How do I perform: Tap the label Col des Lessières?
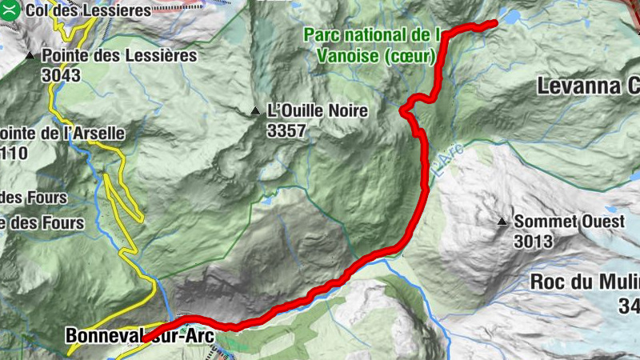(x=88, y=11)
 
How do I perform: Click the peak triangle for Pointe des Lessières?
(x=30, y=56)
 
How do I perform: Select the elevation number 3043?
(x=61, y=75)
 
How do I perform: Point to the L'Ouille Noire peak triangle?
(x=255, y=110)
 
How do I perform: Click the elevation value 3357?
(x=286, y=130)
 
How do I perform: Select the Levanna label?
(x=587, y=85)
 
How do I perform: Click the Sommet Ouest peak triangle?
(x=502, y=221)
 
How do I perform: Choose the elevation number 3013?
(x=534, y=240)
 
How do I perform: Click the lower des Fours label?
(x=42, y=223)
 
